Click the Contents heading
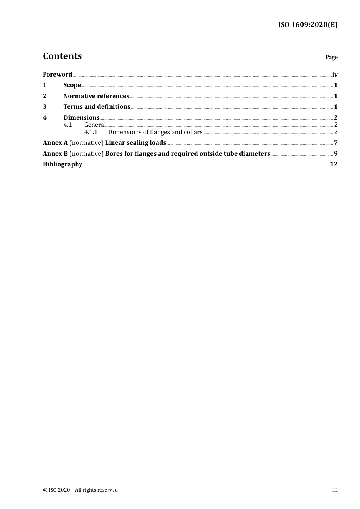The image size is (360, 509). coord(62,56)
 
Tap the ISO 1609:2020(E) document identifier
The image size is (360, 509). coord(308,25)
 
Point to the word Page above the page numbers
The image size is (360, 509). coord(331,57)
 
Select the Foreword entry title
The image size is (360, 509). coord(57,75)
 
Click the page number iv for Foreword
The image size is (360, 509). coord(335,75)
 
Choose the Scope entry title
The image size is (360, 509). coord(72,85)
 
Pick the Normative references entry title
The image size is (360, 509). coord(96,96)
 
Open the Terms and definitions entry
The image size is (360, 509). coord(97,107)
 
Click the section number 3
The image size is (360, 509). coord(45,107)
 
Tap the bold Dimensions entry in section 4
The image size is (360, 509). coord(81,118)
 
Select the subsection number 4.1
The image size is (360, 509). coord(67,125)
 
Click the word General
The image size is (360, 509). coord(95,125)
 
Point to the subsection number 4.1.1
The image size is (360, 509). coord(91,132)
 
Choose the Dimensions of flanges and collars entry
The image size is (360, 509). coord(155,132)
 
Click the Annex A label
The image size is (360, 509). coord(55,143)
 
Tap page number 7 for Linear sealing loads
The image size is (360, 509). coord(335,143)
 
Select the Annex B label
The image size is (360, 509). coord(55,154)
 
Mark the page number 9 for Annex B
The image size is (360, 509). coord(335,154)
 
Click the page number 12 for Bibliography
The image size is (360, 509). coord(333,164)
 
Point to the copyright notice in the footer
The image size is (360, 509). coord(80,490)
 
